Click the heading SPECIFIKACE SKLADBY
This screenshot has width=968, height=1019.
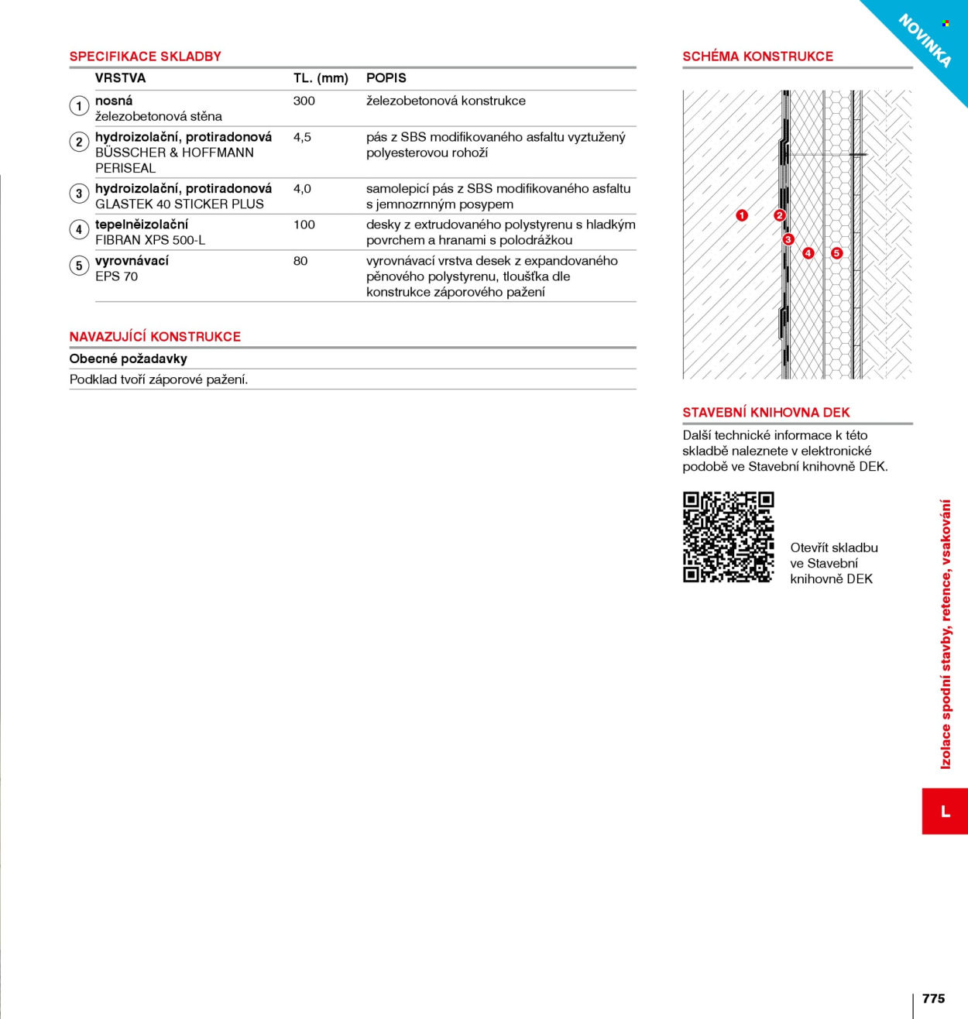[x=145, y=57]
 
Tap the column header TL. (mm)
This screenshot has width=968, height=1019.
[x=321, y=78]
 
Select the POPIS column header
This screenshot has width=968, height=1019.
[x=386, y=78]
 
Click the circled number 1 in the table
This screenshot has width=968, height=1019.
[x=79, y=106]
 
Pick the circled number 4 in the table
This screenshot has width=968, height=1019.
[x=79, y=230]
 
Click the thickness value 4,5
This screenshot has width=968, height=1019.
[x=302, y=137]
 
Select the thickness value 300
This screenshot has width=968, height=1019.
[x=304, y=101]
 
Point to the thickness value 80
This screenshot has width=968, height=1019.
[x=300, y=261]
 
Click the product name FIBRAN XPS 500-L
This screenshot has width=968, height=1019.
[x=150, y=241]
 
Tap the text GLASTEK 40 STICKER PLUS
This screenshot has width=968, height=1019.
[x=180, y=204]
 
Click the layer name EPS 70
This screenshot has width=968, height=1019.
[x=117, y=276]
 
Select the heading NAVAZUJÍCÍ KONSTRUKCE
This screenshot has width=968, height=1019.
[x=155, y=337]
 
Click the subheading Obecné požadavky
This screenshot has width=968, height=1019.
[x=128, y=359]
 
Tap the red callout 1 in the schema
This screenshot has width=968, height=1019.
[x=742, y=215]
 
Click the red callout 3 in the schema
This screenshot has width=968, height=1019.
[x=788, y=239]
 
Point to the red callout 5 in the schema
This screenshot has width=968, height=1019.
[x=837, y=253]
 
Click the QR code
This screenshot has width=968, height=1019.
[x=729, y=537]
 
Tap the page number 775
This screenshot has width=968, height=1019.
[x=933, y=998]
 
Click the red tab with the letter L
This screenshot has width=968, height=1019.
[x=945, y=811]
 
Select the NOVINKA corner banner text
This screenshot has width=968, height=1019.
[x=925, y=41]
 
